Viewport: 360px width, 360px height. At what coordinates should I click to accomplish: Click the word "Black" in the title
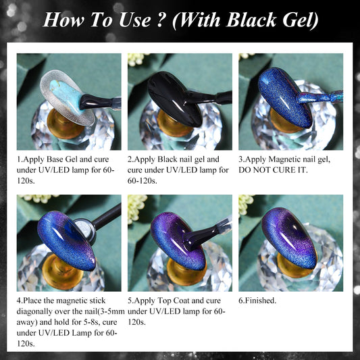(251, 20)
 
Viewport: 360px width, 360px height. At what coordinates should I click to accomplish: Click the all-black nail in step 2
(174, 99)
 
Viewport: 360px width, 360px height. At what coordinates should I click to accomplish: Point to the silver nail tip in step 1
(67, 97)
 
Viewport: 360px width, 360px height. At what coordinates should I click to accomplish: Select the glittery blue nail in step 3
(285, 97)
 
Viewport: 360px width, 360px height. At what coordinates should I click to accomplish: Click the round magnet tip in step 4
(84, 230)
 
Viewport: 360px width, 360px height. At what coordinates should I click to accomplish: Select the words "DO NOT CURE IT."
(273, 170)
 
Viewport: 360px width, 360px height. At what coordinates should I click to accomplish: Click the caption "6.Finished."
(257, 301)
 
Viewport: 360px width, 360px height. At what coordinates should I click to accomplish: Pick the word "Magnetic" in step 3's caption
(284, 159)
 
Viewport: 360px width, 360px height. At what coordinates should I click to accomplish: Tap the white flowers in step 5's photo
(137, 209)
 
